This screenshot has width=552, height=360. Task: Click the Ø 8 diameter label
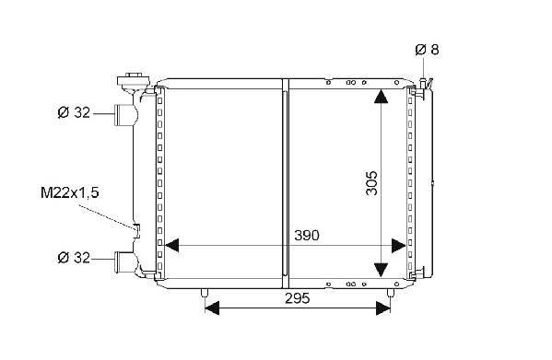(x=427, y=50)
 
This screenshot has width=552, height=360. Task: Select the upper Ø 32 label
(x=74, y=112)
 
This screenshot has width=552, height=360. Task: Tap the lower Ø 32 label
(x=74, y=258)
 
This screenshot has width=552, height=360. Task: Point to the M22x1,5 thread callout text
(x=70, y=192)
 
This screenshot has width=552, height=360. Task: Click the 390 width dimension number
(x=307, y=235)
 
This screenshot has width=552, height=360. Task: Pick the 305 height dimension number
(x=371, y=183)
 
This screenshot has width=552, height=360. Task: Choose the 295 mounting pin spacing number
(x=298, y=298)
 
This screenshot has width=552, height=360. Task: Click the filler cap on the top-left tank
(x=134, y=81)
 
